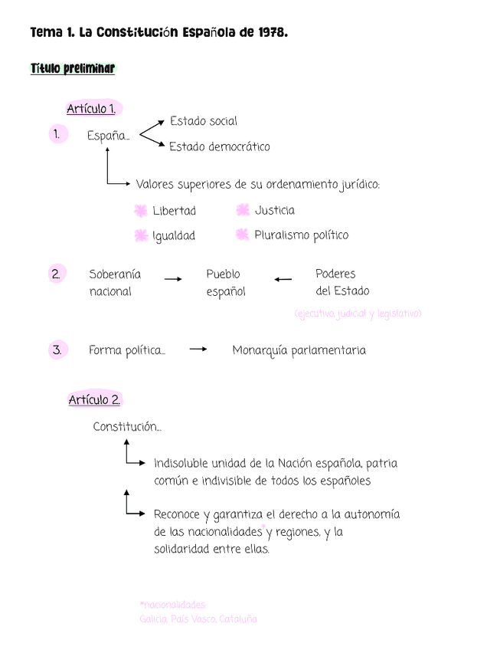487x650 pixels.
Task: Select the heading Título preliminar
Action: click(x=73, y=69)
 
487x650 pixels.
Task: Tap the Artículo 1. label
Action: click(x=96, y=109)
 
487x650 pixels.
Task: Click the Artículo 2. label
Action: click(x=94, y=400)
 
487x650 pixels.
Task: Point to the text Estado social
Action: click(x=204, y=121)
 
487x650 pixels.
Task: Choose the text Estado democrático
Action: click(x=220, y=146)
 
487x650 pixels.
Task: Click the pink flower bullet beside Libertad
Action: click(x=140, y=211)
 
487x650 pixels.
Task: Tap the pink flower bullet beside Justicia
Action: click(x=243, y=210)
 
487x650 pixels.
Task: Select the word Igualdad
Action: click(x=174, y=236)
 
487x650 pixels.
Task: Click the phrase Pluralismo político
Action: click(x=301, y=235)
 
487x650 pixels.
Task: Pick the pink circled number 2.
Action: click(x=56, y=274)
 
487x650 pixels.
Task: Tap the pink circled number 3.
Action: click(x=56, y=350)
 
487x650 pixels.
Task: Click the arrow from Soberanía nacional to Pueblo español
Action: click(x=173, y=280)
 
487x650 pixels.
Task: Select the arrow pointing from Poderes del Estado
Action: click(x=283, y=280)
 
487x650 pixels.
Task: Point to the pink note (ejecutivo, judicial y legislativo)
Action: click(x=358, y=314)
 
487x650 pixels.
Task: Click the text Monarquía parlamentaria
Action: click(x=299, y=350)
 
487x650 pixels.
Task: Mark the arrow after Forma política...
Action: click(x=198, y=350)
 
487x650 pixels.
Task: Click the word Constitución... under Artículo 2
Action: click(x=127, y=427)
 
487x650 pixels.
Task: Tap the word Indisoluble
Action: click(x=181, y=464)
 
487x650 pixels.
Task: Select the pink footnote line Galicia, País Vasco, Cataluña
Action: click(x=198, y=619)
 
